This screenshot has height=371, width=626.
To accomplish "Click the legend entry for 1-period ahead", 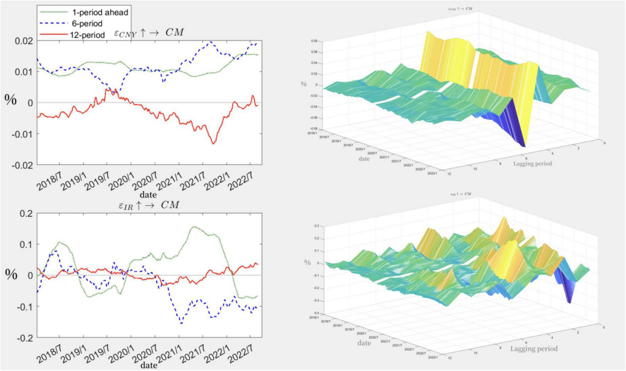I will (100, 12).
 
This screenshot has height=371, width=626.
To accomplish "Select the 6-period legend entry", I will (87, 24).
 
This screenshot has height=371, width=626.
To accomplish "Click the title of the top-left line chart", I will (149, 33).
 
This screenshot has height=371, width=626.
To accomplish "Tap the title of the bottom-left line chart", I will (149, 205).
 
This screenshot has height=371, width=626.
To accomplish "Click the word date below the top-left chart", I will (148, 195).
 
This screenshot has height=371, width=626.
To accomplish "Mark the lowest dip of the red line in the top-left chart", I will (213, 143).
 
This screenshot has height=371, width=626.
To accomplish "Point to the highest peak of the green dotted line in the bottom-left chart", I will (194, 227).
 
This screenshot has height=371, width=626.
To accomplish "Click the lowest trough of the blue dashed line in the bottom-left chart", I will (181, 323).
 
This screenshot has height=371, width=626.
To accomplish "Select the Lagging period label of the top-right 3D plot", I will (532, 163).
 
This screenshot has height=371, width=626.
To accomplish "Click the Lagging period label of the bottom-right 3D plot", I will (534, 349).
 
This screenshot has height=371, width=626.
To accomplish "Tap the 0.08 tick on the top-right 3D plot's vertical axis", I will (314, 41).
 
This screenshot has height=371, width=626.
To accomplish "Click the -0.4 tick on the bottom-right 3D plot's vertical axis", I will (316, 313).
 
